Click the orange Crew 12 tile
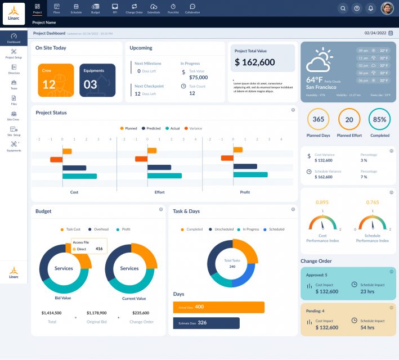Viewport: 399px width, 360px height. [x=56, y=80]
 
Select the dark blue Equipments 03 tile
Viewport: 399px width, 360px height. [x=97, y=80]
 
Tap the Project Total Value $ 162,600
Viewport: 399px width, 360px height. [x=255, y=62]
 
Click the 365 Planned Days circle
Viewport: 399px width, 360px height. [x=319, y=119]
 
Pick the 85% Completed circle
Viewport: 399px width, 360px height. [x=380, y=119]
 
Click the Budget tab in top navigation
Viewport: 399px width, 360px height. [x=96, y=8]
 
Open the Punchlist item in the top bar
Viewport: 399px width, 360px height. [x=173, y=8]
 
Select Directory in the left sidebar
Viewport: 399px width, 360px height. [x=14, y=69]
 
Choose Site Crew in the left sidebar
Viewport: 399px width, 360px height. [x=14, y=115]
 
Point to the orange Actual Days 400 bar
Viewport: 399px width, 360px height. [x=218, y=307]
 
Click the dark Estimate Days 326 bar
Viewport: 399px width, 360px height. [x=206, y=323]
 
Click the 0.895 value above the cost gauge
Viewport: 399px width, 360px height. [x=322, y=202]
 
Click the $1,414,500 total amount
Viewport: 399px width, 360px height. [x=52, y=313]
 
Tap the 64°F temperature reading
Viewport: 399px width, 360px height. [x=315, y=79]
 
